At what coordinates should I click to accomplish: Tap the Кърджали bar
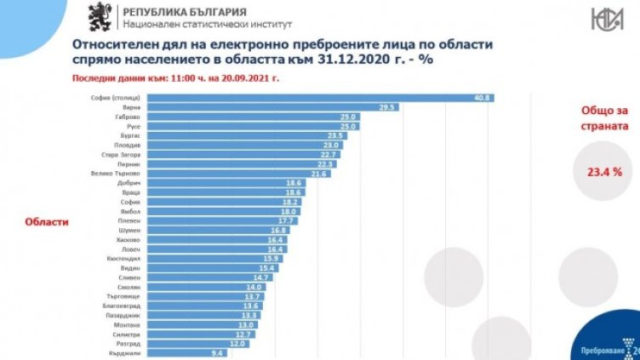pyautogui.click(x=186, y=352)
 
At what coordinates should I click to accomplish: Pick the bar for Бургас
pyautogui.click(x=249, y=135)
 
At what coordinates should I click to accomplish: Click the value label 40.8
pyautogui.click(x=483, y=98)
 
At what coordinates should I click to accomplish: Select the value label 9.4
pyautogui.click(x=216, y=352)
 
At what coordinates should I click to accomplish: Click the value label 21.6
pyautogui.click(x=318, y=173)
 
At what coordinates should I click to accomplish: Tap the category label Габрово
pyautogui.click(x=129, y=117)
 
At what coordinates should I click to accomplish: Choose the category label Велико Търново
pyautogui.click(x=120, y=173)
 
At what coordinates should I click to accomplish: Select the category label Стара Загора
pyautogui.click(x=123, y=154)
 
